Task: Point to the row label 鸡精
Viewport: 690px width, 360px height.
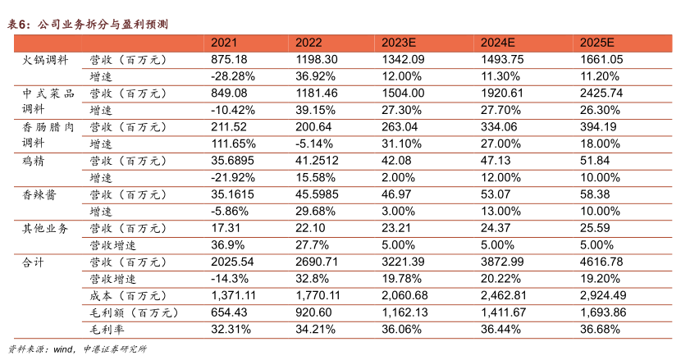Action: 34,161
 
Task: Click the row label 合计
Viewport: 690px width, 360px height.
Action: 34,262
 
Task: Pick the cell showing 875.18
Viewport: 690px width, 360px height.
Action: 229,60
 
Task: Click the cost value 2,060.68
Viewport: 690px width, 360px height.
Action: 405,295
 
